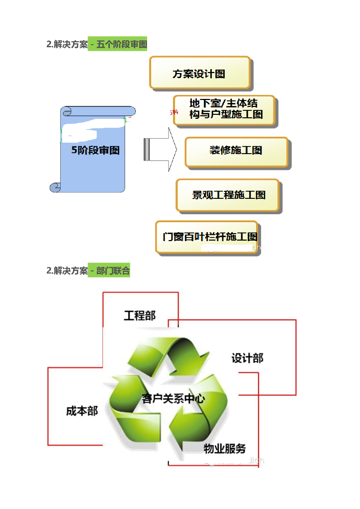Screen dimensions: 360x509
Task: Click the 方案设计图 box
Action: tap(199, 73)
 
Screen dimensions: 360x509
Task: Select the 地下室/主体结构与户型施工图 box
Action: tap(225, 110)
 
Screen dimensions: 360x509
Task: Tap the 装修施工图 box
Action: tap(236, 151)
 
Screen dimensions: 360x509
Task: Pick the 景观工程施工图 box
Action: tap(228, 195)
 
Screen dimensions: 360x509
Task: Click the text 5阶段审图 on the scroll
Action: tap(95, 150)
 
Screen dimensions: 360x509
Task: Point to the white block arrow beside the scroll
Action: tap(160, 149)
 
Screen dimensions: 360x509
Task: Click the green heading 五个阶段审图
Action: tap(118, 44)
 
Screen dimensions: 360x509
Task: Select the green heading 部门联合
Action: tap(109, 270)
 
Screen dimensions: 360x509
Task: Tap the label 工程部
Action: tap(139, 316)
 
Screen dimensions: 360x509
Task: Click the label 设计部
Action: tap(247, 358)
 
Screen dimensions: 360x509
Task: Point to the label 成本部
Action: tap(82, 411)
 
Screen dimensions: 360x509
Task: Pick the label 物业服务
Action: tap(225, 449)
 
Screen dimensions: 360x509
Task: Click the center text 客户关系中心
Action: tap(173, 399)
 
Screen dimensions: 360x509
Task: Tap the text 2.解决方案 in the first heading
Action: tap(67, 44)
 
